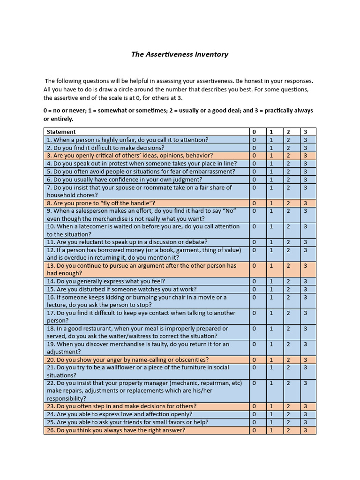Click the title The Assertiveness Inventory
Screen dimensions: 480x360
pos(180,54)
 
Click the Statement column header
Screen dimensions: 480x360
pos(61,132)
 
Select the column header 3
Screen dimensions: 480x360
pos(305,132)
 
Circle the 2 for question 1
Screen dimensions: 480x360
pos(288,140)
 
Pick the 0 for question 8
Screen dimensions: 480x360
pos(255,203)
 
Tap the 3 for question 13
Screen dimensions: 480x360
pos(305,266)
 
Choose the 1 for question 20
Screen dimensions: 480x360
pos(271,360)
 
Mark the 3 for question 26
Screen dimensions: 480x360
pos(305,430)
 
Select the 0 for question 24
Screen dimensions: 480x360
pos(255,414)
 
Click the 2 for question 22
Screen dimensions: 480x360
pos(288,383)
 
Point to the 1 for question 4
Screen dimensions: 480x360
pos(271,164)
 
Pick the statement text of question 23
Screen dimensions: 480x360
pos(121,406)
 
